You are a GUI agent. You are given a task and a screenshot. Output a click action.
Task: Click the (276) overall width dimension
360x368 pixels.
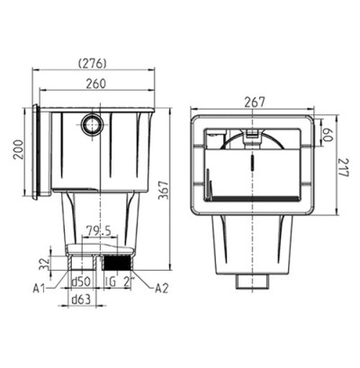93,63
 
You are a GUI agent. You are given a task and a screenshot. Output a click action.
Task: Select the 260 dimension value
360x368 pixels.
96,84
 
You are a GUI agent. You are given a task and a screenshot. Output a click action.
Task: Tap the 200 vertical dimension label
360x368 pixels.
18,149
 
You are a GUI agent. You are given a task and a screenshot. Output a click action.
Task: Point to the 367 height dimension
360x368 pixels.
164,190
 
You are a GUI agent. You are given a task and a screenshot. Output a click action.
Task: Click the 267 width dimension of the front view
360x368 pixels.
255,102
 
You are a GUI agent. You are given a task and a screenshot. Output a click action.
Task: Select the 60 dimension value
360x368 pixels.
328,135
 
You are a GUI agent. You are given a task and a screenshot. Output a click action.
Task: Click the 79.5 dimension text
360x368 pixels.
99,231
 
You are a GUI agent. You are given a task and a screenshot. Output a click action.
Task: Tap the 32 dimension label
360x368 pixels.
44,263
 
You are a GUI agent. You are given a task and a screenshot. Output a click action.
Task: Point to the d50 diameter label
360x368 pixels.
81,282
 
